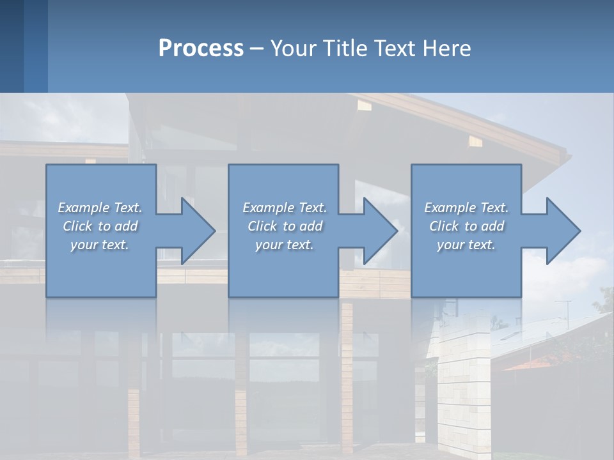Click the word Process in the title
(x=201, y=49)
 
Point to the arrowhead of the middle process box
(x=379, y=231)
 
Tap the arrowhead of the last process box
(x=562, y=231)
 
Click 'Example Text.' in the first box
(x=100, y=208)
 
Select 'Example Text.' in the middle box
(x=285, y=208)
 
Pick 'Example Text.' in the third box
(x=466, y=208)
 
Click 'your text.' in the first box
(x=100, y=245)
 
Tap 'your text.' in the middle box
(x=285, y=245)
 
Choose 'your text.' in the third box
(x=466, y=245)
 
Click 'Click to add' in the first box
(x=100, y=226)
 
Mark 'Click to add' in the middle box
(x=285, y=226)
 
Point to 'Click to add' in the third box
(x=466, y=226)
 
